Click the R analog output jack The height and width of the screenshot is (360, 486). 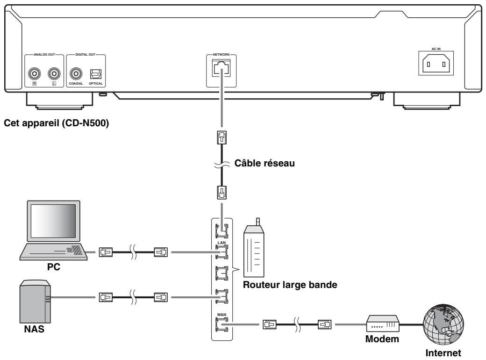tap(34, 74)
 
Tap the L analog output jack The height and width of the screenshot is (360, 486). tap(54, 74)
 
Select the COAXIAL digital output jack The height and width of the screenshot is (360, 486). tap(76, 74)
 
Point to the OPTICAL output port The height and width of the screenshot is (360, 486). tap(95, 74)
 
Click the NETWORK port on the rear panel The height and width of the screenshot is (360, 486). tap(222, 68)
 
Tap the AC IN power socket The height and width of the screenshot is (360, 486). tap(436, 64)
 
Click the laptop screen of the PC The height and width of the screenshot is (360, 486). tap(53, 221)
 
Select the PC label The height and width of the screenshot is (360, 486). tap(53, 267)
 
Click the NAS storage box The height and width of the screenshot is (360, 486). tap(35, 302)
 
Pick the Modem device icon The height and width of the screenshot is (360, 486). tap(382, 324)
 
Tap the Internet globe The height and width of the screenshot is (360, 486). tap(443, 324)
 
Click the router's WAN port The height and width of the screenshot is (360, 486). tap(222, 324)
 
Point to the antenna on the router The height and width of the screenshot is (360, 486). tap(257, 222)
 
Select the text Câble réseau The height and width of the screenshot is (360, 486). tap(264, 164)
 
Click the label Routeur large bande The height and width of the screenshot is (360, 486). tap(290, 285)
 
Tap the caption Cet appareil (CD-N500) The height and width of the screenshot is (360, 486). tap(57, 123)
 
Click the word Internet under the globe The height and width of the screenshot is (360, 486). tap(443, 353)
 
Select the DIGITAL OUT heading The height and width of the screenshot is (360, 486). tap(85, 55)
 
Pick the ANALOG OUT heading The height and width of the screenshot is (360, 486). tap(44, 55)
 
